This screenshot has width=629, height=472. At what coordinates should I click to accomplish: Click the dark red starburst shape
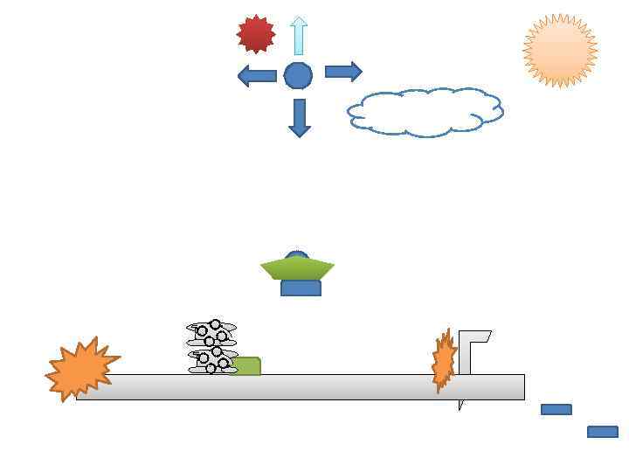click(256, 34)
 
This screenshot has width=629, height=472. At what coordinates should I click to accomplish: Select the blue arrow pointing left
click(257, 75)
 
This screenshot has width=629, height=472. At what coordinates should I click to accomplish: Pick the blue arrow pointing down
click(300, 117)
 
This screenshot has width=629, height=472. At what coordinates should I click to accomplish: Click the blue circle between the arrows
click(298, 76)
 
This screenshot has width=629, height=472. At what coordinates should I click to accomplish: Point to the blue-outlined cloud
click(425, 112)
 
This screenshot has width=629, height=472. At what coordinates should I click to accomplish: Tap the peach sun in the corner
click(560, 51)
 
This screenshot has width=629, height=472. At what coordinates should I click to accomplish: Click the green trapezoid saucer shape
click(297, 270)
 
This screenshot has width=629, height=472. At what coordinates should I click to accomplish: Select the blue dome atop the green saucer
click(297, 256)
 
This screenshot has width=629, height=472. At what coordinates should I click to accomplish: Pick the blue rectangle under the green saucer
click(301, 288)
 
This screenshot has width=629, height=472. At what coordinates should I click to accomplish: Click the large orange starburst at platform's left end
click(79, 369)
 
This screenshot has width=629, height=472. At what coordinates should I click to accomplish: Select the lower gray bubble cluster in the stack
click(212, 360)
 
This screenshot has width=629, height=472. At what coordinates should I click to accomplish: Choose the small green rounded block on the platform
click(247, 366)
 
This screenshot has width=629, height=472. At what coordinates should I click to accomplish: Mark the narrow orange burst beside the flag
click(444, 360)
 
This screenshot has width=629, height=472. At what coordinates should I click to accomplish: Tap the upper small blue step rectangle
click(556, 409)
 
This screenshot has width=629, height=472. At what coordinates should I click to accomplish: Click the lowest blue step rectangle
click(603, 432)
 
